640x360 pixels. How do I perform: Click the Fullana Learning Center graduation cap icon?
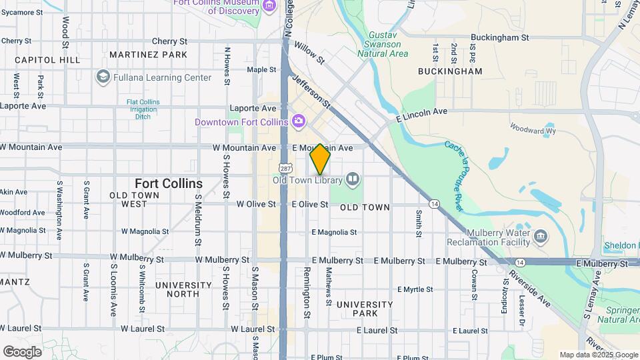point(103,77)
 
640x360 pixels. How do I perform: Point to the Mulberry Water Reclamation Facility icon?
point(541,235)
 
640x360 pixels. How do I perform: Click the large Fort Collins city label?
point(169,183)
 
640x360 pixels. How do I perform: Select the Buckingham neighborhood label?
point(450,71)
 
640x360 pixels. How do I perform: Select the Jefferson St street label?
point(311,91)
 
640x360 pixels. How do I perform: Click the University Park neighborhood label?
point(365,309)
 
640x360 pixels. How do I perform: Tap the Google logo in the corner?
point(22,351)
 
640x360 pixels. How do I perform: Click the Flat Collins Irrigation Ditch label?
point(143,109)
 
